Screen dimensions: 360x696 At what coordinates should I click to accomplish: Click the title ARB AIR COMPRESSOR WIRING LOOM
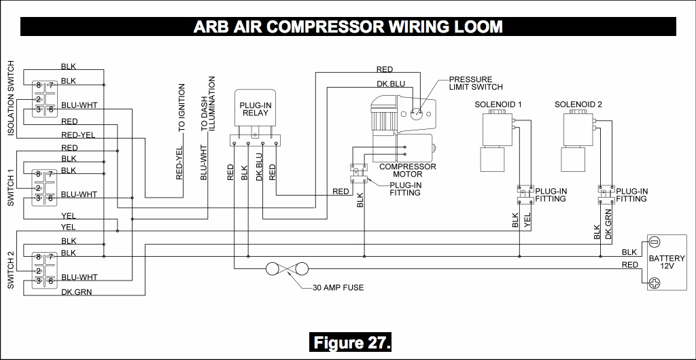[x=348, y=26]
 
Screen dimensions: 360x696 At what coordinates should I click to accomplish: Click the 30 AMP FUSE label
[x=338, y=287]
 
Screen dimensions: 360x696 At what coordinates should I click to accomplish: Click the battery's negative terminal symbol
[x=654, y=242]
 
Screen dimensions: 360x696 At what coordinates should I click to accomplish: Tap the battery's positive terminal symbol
[x=654, y=285]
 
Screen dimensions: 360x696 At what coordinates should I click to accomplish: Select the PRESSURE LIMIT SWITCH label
[x=475, y=83]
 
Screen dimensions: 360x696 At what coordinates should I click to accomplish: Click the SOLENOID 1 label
[x=498, y=105]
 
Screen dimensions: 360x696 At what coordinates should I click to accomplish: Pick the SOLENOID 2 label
[x=578, y=105]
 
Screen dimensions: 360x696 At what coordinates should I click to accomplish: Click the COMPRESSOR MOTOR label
[x=408, y=170]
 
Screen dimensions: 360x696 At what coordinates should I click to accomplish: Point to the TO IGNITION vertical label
[x=181, y=107]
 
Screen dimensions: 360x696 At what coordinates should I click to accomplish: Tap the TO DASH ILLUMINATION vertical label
[x=207, y=103]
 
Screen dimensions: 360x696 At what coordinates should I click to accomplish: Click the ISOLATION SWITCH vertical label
[x=11, y=98]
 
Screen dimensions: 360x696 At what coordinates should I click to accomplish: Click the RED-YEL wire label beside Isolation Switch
[x=77, y=134]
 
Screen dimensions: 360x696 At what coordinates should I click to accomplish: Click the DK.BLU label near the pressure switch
[x=391, y=85]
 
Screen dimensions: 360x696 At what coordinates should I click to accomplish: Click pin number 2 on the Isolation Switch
[x=39, y=99]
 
